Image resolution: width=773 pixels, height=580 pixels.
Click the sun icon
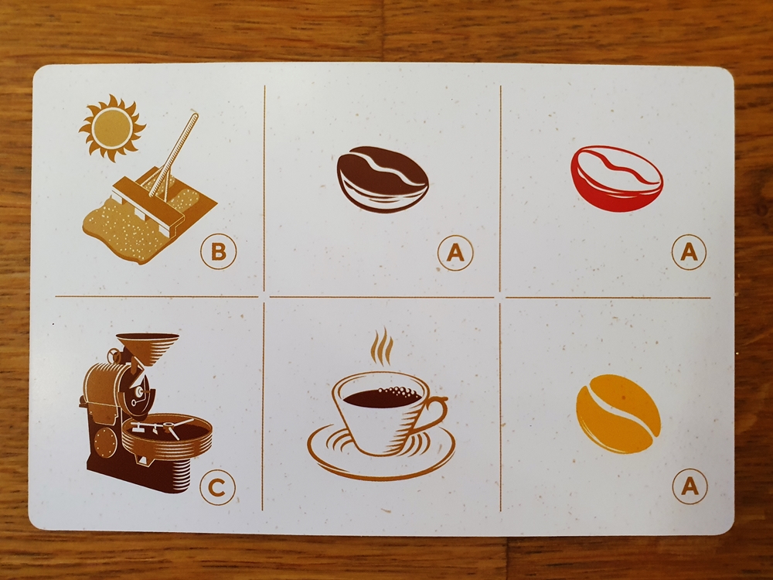[112, 128]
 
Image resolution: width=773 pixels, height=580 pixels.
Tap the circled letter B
[219, 251]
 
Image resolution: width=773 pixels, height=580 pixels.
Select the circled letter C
[217, 487]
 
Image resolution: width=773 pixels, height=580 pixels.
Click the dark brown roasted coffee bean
[383, 179]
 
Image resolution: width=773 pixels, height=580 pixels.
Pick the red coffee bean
[617, 179]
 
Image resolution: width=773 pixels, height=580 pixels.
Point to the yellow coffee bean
[618, 413]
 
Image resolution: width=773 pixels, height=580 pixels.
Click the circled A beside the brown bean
[455, 253]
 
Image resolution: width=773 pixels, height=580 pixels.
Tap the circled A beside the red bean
[689, 252]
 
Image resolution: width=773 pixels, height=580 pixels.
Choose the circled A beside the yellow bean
[690, 486]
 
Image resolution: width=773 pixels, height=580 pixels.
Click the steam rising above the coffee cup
[382, 346]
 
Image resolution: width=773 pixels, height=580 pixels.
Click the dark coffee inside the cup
[382, 397]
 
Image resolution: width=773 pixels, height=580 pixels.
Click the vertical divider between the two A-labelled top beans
[500, 189]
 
